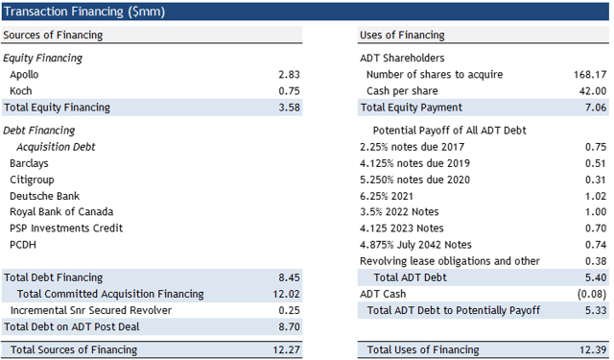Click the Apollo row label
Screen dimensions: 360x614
coord(25,74)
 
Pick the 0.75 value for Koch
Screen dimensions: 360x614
coord(289,90)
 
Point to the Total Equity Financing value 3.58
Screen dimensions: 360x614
coord(289,108)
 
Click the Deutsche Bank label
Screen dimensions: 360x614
coord(46,195)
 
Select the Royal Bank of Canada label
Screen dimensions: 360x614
coord(61,211)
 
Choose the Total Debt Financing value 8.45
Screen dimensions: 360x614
coord(289,277)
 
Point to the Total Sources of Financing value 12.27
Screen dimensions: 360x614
coord(286,350)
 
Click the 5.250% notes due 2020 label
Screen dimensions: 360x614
coord(413,179)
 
